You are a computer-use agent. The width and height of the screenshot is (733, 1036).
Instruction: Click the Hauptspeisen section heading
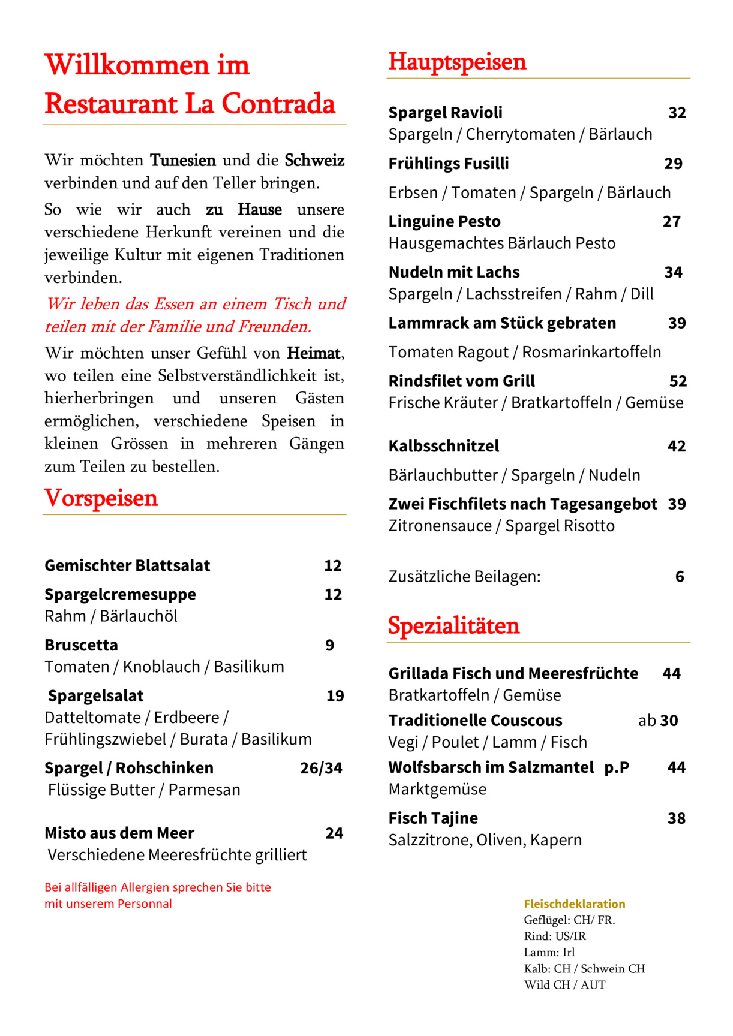click(457, 62)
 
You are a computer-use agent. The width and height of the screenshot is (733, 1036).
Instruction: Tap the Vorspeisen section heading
click(101, 499)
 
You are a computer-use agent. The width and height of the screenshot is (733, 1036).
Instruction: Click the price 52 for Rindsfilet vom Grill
click(678, 381)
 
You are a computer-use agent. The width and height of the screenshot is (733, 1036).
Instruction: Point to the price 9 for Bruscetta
click(329, 646)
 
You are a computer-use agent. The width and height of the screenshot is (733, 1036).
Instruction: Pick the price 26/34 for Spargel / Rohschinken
click(321, 769)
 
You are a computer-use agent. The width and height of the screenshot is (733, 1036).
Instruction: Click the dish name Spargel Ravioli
click(445, 113)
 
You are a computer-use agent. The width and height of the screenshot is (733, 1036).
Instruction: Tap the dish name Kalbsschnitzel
click(443, 447)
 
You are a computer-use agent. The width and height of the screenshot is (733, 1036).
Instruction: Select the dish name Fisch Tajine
click(433, 818)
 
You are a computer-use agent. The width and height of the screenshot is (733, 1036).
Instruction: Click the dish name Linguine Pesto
click(444, 222)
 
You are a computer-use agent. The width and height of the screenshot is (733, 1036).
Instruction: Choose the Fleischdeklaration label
click(574, 904)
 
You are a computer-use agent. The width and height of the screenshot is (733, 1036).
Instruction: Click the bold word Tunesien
click(182, 161)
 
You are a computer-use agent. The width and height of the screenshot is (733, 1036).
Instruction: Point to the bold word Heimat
click(314, 353)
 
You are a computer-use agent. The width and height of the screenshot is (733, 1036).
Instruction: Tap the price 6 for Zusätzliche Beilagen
click(680, 577)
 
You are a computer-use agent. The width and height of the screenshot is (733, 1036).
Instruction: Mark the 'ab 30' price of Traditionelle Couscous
click(658, 721)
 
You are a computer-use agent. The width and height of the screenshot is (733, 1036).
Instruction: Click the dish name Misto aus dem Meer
click(119, 833)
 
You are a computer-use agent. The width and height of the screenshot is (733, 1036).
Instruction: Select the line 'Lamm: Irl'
click(549, 953)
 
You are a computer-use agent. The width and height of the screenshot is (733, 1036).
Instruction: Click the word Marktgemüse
click(437, 790)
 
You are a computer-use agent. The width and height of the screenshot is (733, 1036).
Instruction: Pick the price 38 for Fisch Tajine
click(676, 818)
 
